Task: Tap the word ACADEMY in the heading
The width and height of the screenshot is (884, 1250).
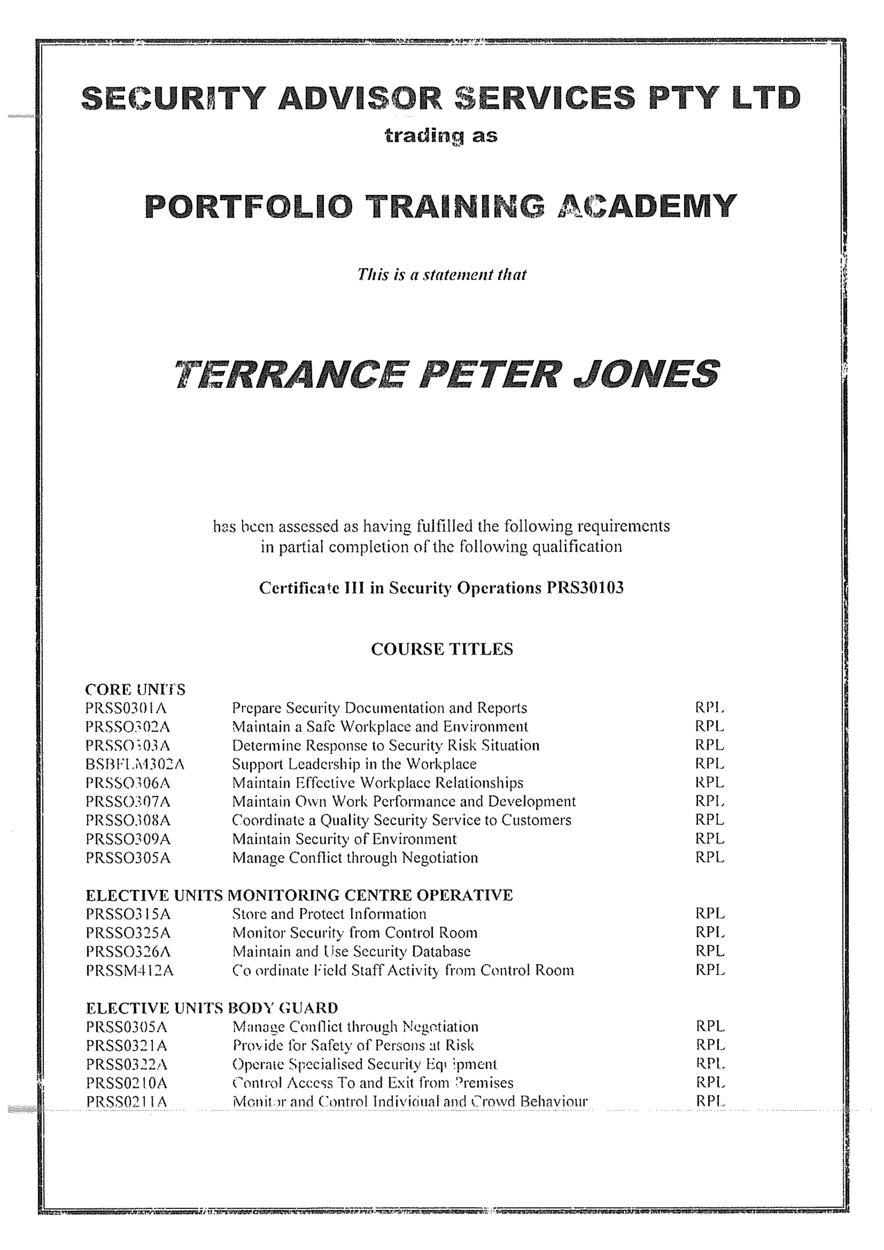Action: (x=647, y=206)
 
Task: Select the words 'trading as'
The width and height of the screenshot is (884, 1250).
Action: (x=441, y=135)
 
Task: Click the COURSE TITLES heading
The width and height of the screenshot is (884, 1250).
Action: (x=442, y=649)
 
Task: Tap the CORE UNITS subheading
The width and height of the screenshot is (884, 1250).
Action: (x=135, y=690)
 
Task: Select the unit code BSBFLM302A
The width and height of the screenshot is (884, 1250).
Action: (x=135, y=765)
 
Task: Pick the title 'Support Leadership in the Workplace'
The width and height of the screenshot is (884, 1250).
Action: (x=354, y=765)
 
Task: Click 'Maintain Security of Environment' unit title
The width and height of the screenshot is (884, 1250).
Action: (x=344, y=839)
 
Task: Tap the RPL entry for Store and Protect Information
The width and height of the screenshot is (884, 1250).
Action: (x=710, y=913)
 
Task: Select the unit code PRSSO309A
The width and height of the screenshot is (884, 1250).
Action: (x=128, y=839)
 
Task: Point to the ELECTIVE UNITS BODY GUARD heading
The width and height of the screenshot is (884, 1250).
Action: (x=212, y=1008)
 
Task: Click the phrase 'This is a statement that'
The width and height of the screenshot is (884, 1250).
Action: (x=442, y=274)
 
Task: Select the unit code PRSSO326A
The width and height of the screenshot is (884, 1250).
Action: (x=128, y=952)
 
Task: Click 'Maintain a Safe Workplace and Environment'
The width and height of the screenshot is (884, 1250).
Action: (x=380, y=727)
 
